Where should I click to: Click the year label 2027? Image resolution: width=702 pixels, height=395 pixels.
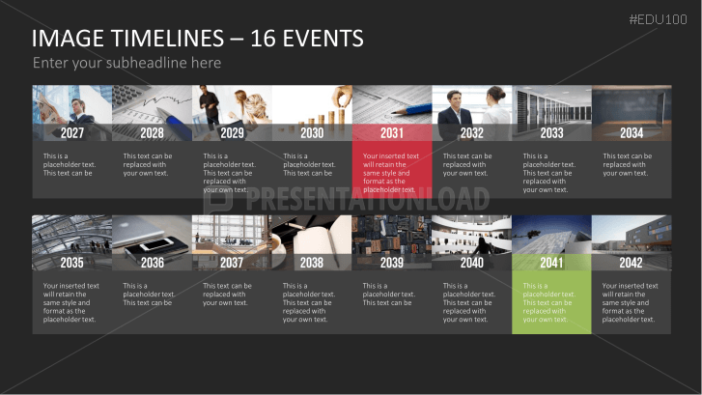72,133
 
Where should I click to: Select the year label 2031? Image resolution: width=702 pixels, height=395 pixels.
392,133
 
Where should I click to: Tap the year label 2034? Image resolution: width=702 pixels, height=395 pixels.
632,133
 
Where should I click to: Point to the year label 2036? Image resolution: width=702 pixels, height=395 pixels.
152,263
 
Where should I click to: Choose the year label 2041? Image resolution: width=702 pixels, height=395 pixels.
551,263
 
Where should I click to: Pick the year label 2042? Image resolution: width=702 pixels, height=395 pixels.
632,263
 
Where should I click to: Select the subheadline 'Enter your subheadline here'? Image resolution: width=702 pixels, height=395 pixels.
126,63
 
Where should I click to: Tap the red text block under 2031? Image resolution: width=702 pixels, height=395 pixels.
391,172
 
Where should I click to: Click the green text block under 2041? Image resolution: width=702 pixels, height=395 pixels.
550,302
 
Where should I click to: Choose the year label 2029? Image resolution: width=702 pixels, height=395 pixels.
232,133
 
